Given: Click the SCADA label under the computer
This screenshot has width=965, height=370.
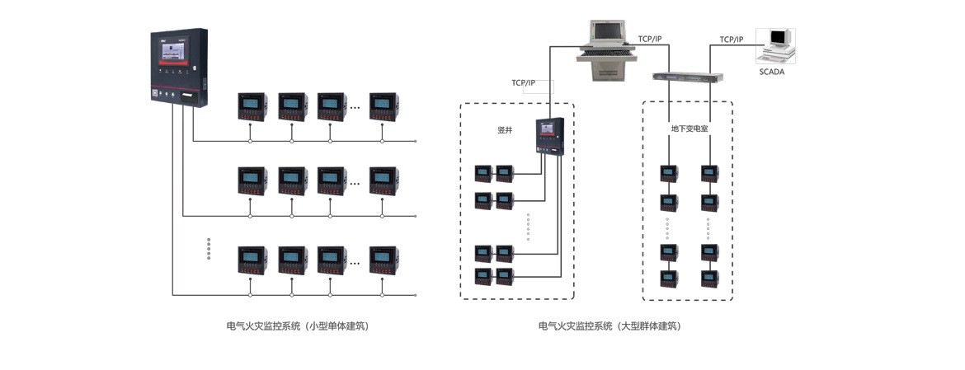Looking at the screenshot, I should click(771, 72).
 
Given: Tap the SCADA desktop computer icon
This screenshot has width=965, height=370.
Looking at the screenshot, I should click(777, 45).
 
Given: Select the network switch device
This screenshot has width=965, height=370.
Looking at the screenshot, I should click(688, 77).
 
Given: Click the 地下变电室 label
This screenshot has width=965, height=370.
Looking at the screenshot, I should click(689, 129).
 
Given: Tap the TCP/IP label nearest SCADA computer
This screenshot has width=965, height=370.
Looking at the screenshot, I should click(731, 40).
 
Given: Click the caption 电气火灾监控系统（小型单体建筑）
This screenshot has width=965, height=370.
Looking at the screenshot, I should click(297, 326).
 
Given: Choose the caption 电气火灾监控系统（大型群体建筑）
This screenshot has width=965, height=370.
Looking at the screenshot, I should click(610, 326).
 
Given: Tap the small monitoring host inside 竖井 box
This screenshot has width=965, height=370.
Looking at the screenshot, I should click(549, 135).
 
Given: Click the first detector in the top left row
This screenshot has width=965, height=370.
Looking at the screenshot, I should click(252, 105).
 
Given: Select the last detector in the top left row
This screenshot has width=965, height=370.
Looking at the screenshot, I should click(384, 105).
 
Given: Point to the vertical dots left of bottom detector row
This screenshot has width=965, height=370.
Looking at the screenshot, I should click(209, 249).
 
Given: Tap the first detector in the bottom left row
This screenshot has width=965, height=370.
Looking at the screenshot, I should click(252, 260).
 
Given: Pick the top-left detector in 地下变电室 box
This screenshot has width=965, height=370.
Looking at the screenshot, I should click(668, 174).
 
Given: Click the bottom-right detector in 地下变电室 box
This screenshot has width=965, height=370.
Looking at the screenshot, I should click(709, 278).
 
